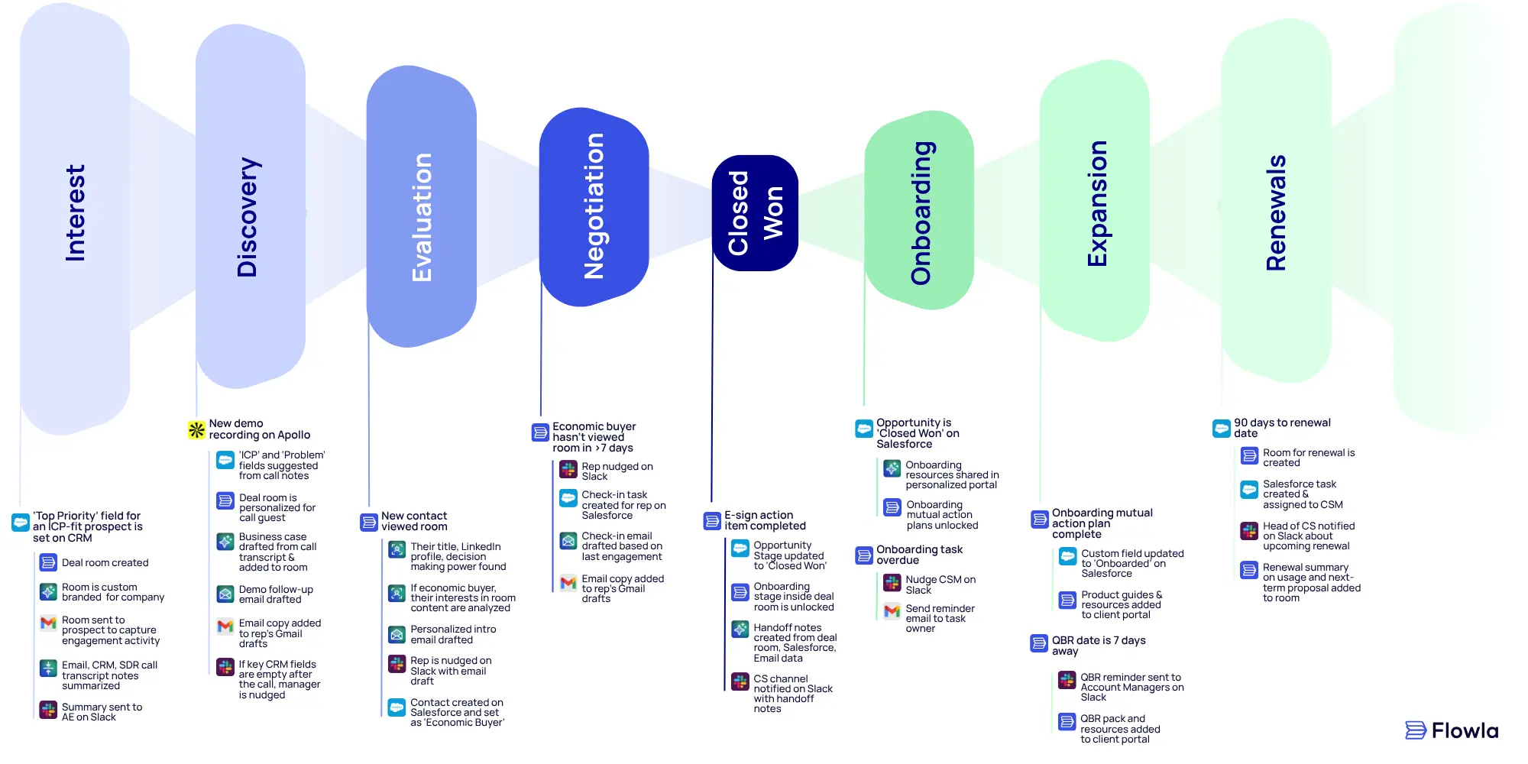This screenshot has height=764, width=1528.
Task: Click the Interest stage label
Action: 75,213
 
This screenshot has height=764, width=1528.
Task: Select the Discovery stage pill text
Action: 248,217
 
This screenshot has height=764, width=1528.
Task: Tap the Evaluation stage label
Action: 422,217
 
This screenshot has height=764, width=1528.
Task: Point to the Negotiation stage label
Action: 594,206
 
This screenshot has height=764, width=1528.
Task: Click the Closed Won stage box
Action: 755,213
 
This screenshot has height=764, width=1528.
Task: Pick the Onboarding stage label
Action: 921,213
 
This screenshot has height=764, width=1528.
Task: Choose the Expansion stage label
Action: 1096,204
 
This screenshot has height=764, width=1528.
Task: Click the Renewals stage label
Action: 1276,213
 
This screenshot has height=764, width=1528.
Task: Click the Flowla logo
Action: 1452,730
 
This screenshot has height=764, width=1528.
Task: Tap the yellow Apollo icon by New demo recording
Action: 196,429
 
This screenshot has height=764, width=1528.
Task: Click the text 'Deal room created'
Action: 105,563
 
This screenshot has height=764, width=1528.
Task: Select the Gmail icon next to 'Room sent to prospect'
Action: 48,623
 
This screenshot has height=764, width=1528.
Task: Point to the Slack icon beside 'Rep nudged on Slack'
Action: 568,469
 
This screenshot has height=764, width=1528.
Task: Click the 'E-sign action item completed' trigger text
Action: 765,520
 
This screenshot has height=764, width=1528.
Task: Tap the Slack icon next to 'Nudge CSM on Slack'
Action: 892,583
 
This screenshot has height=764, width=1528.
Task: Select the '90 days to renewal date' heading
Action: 1282,428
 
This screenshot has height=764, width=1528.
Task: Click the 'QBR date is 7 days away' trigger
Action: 1098,646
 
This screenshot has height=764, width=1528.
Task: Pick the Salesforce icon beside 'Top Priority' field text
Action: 21,523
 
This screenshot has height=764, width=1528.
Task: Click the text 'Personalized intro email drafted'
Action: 453,634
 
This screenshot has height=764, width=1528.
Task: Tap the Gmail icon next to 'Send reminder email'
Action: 892,611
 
